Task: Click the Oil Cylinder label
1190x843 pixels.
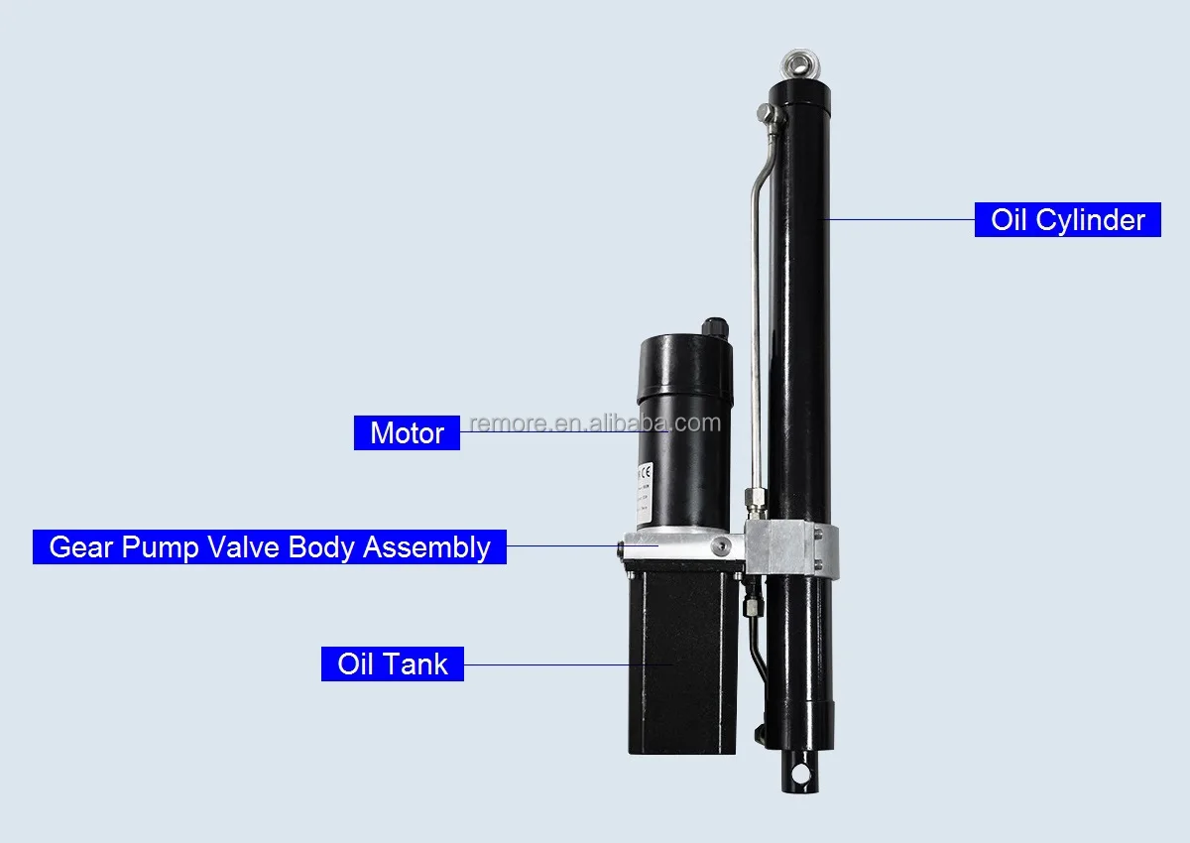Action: (1068, 219)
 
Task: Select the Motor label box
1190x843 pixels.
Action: (407, 433)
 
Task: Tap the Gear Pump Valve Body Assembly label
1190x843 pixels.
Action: (270, 546)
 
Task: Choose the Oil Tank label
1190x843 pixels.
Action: (393, 663)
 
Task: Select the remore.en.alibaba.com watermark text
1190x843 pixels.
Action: (595, 423)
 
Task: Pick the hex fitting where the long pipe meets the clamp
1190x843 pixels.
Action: (755, 501)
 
